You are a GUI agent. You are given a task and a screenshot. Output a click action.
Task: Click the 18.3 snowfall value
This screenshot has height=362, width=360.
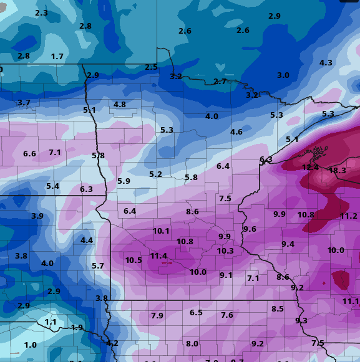[337, 171]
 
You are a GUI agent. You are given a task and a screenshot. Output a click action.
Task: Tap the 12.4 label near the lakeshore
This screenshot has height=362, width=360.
[310, 168]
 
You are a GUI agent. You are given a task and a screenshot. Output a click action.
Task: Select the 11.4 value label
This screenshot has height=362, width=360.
[158, 256]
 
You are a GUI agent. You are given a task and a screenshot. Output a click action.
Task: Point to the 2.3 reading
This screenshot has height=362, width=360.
[41, 13]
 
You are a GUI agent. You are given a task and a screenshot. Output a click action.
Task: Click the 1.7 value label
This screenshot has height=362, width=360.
[57, 57]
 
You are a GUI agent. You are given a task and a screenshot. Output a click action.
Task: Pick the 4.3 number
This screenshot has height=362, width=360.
[326, 63]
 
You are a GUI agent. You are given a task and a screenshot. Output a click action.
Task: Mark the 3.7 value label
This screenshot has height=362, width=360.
[24, 103]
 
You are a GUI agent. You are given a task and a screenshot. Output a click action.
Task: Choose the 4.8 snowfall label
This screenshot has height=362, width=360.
[120, 105]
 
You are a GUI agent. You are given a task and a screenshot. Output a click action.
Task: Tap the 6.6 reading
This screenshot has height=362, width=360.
[29, 154]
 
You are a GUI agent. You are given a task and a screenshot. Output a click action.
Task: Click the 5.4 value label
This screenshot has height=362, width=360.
[52, 186]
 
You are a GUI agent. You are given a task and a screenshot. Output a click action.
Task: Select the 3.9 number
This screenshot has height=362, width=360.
[37, 216]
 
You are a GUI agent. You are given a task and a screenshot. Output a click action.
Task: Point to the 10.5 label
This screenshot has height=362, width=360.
[134, 260]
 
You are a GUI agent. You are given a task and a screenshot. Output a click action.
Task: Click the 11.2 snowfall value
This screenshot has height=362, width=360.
[349, 216]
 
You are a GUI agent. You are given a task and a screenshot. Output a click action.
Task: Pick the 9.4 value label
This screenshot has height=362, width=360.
[288, 244]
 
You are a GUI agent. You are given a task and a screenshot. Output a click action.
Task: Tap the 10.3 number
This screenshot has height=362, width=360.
[225, 251]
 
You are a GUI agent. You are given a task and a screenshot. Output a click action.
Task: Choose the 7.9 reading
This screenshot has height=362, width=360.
[157, 316]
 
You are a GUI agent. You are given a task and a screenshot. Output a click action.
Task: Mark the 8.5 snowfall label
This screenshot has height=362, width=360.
[278, 309]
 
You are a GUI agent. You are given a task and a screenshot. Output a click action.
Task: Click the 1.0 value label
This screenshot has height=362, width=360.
[30, 345]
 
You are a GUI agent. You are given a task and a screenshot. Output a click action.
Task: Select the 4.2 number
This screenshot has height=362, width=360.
[112, 343]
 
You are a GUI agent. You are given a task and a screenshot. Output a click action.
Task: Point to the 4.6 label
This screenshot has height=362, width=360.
[236, 132]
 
